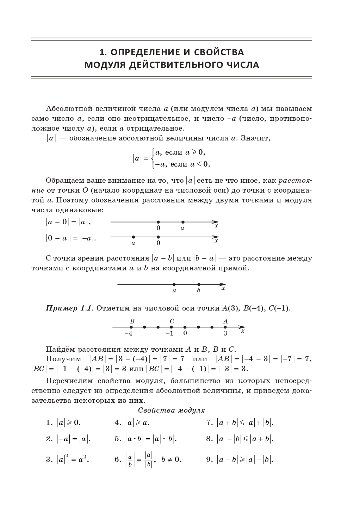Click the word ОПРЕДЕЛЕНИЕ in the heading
(x=146, y=52)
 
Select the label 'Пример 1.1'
(x=69, y=308)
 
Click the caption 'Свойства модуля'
(x=172, y=410)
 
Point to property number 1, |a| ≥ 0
(x=66, y=422)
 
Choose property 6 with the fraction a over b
(x=148, y=460)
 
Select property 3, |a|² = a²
(x=68, y=459)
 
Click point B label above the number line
(x=132, y=321)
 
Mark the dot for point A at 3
(x=225, y=327)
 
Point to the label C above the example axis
(x=172, y=321)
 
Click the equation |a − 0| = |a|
(x=68, y=222)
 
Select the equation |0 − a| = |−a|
(x=70, y=238)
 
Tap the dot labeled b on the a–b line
(x=199, y=284)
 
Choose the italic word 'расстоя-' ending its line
(x=295, y=181)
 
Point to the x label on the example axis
(x=243, y=331)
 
